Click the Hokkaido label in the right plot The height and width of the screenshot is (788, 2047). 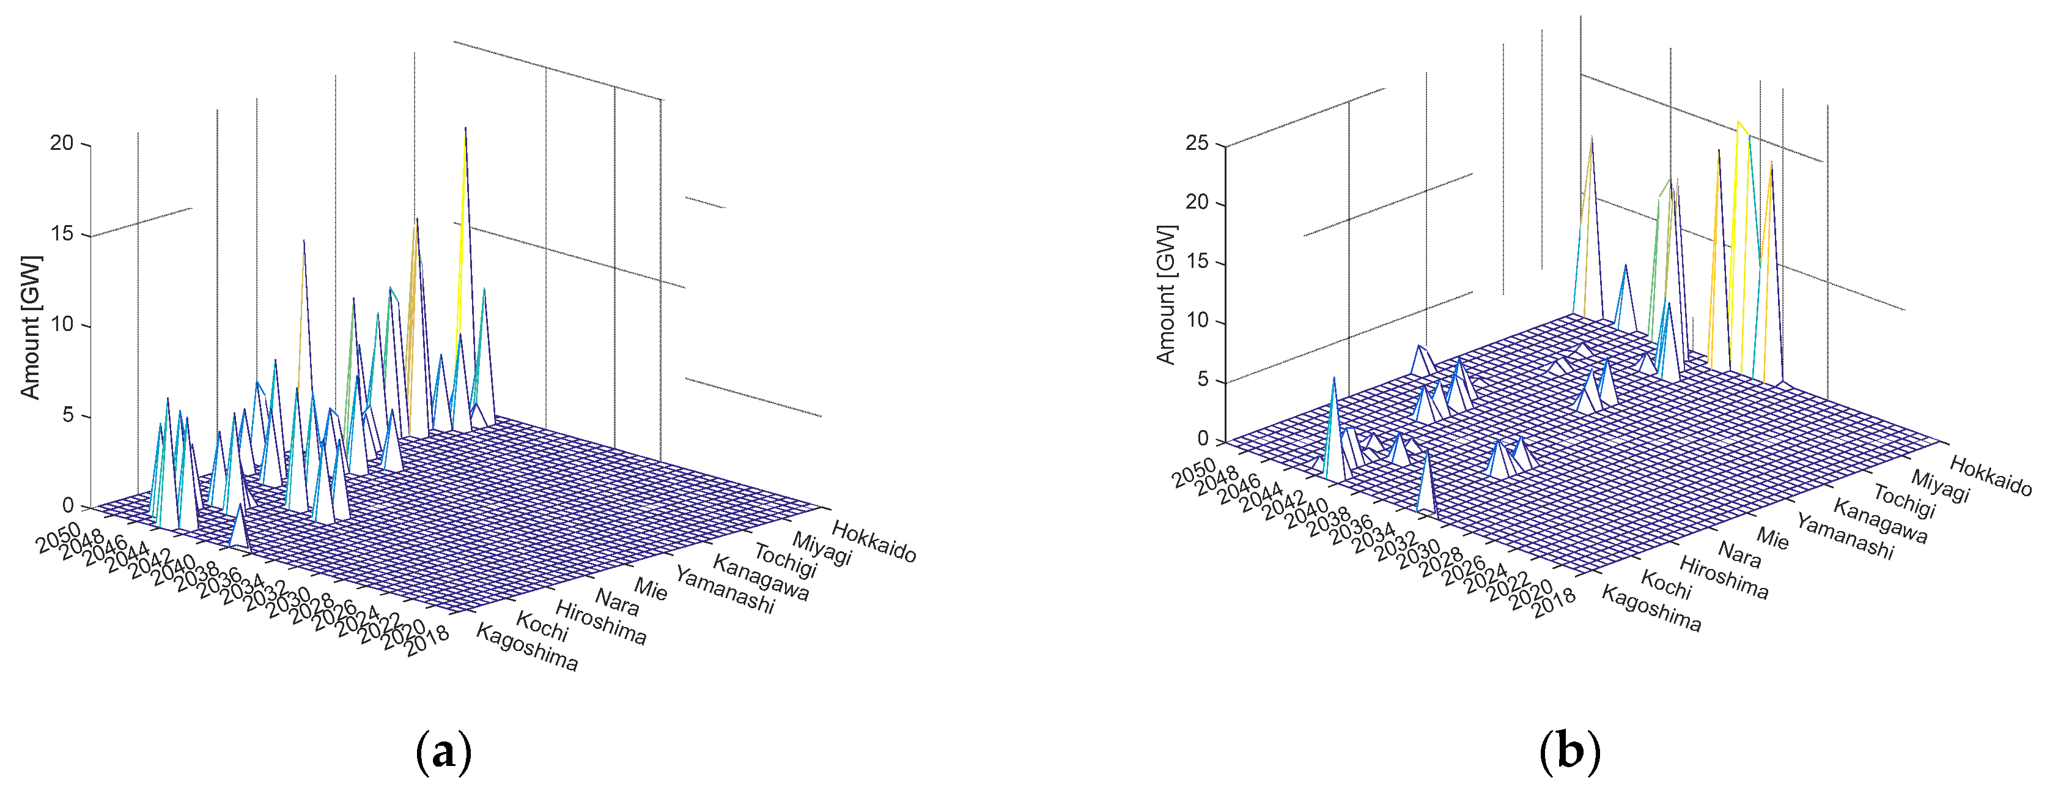(1990, 475)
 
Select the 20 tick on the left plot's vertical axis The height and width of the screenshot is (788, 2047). (61, 143)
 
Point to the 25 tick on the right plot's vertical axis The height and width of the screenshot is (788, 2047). (1196, 144)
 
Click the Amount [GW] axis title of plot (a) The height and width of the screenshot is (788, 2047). (30, 327)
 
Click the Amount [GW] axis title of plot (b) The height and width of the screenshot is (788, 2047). (1166, 295)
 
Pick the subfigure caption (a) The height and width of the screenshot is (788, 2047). (443, 751)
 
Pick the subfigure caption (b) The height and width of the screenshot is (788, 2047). (1570, 751)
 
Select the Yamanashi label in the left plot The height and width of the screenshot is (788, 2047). (724, 590)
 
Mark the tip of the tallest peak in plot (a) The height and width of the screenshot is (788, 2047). (465, 127)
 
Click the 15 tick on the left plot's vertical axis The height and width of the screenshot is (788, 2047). (61, 234)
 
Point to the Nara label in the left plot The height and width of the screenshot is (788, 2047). (617, 603)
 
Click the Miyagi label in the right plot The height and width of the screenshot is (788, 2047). (1940, 486)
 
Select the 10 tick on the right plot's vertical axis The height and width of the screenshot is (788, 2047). (1196, 321)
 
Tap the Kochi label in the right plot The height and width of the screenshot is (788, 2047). (1665, 585)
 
